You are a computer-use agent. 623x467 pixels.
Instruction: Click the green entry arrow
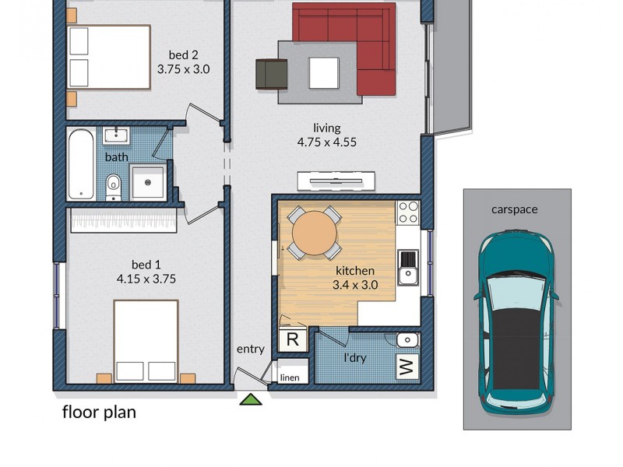click(251, 400)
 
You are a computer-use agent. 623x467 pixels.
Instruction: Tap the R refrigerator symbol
click(293, 339)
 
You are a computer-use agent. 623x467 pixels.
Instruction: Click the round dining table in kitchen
click(315, 231)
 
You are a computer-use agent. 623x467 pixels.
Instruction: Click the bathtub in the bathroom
click(81, 164)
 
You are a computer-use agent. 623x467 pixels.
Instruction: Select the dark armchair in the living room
click(271, 74)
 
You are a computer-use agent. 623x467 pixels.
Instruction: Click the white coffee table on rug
click(323, 73)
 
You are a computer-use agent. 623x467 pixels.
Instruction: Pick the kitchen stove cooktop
click(408, 212)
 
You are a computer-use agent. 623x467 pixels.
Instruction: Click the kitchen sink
click(408, 267)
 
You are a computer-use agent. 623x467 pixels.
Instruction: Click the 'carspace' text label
click(515, 209)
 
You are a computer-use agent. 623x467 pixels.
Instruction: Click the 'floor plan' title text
click(99, 413)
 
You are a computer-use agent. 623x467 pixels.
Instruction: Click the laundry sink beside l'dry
click(407, 340)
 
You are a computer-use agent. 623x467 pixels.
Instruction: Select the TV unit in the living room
click(336, 181)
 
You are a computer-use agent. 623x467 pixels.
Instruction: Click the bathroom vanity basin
click(117, 136)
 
